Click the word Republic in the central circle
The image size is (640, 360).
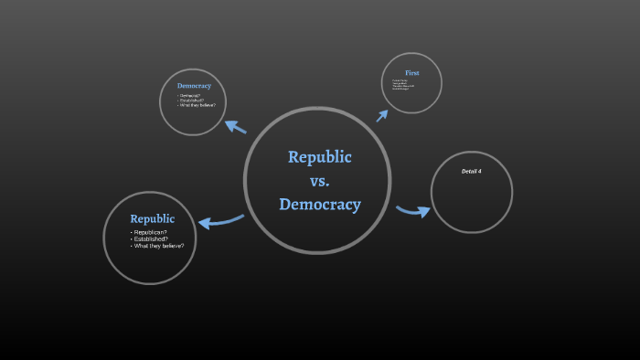[319, 156]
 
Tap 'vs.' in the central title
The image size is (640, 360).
[320, 180]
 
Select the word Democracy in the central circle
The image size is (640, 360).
[320, 204]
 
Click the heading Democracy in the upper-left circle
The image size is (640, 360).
[194, 86]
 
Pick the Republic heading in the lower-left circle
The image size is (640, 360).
[152, 219]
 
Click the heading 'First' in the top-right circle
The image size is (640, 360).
[412, 72]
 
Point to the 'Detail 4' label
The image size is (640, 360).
[472, 172]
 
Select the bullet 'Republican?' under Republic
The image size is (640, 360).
[151, 233]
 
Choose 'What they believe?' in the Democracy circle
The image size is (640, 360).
[198, 106]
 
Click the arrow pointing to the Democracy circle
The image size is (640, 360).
[235, 126]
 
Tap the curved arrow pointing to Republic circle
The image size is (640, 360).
[219, 220]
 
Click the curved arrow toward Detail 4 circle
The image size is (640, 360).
[413, 211]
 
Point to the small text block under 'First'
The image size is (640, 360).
[403, 85]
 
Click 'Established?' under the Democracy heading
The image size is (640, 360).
[194, 101]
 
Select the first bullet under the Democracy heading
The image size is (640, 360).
[191, 95]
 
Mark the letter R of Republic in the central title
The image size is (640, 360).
[293, 157]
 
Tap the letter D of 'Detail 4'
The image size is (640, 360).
[464, 172]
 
